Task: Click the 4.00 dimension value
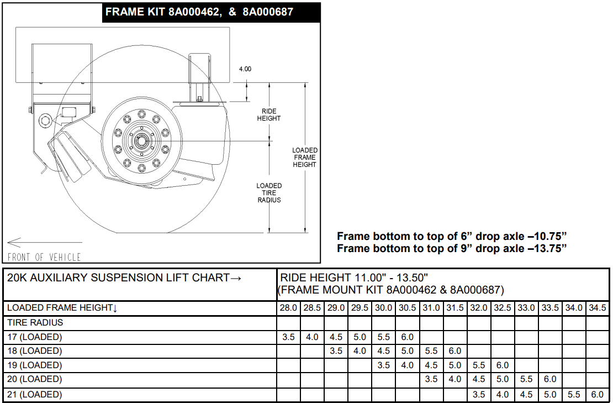tap(245, 69)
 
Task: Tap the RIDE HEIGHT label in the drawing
tap(269, 114)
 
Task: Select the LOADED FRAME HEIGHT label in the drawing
tap(305, 158)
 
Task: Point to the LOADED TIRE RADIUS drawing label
tap(269, 193)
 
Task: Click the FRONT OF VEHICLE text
tap(44, 257)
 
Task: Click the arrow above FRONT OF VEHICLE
tap(45, 243)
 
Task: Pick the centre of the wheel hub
tap(141, 140)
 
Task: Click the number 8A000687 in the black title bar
tap(268, 12)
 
